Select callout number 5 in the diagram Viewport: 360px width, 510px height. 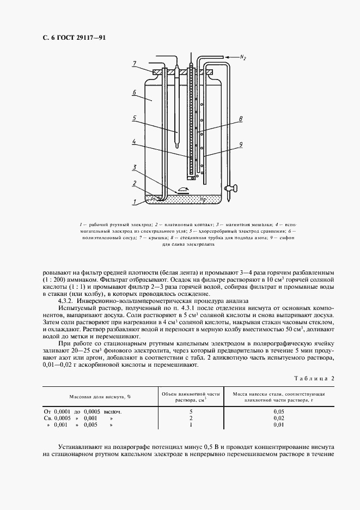point(134,118)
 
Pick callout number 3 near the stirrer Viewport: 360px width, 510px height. point(134,167)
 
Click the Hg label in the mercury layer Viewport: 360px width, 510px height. point(203,199)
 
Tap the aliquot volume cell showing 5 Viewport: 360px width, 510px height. point(191,411)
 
